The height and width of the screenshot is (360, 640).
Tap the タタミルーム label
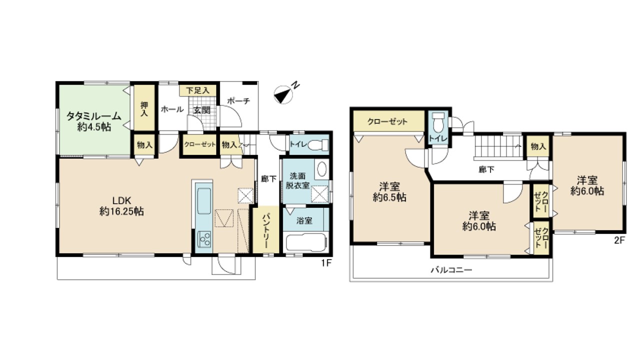pos(93,116)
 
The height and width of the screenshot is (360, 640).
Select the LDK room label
pos(121,200)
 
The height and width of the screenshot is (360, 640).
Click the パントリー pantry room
pos(265,229)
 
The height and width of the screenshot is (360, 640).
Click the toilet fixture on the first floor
pos(319,144)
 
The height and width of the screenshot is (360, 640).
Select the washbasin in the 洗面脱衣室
pos(321,169)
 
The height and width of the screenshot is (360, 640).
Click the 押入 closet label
pos(144,109)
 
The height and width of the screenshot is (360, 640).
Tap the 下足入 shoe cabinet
pos(197,90)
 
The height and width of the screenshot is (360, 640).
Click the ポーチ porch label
pos(239,101)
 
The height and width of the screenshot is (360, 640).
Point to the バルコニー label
pos(451,269)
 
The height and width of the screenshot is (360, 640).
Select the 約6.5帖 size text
pos(389,197)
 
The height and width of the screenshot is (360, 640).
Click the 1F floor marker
pos(326,262)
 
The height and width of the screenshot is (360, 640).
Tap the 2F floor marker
pos(619,240)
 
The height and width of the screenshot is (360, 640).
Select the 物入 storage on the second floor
pos(538,147)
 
